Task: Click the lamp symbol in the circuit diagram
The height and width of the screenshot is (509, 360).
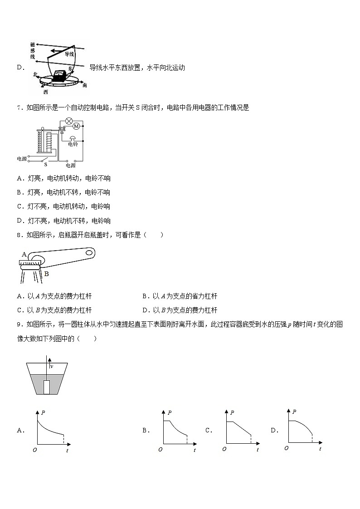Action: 69,121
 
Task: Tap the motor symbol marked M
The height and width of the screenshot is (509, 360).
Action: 76,126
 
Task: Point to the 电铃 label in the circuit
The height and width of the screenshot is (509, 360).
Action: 73,144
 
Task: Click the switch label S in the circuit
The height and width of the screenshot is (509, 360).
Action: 45,165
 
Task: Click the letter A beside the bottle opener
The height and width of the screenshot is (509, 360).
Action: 24,255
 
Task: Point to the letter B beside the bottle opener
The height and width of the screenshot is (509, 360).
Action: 46,274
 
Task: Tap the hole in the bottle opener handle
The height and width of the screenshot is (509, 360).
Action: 89,252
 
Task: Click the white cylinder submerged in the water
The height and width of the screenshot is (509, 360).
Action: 47,387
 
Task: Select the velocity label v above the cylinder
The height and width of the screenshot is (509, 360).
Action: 51,366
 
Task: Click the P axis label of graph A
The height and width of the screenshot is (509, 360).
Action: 43,412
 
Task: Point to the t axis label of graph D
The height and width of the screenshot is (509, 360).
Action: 320,449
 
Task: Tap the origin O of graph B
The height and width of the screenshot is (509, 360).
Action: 160,450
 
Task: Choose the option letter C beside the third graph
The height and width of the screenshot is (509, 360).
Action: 209,431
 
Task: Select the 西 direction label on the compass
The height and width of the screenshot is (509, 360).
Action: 45,92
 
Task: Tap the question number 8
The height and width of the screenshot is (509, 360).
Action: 19,235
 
